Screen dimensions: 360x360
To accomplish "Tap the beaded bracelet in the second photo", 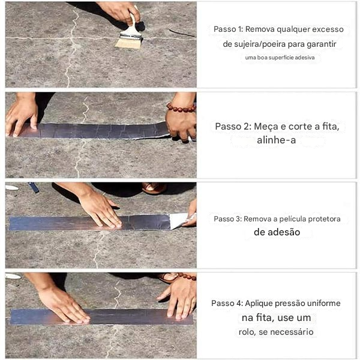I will click(x=181, y=109).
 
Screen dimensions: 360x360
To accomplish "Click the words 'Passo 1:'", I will click(x=227, y=29).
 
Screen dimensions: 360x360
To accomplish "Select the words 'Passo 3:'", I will click(x=227, y=219).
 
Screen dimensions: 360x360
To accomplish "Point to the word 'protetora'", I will click(x=322, y=219).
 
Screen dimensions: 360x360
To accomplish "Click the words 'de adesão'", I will click(x=277, y=232).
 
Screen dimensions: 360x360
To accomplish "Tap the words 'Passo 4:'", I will click(x=227, y=304).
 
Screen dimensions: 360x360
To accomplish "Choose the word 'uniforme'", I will click(x=323, y=304).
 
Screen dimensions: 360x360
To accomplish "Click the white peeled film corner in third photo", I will click(x=179, y=220).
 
